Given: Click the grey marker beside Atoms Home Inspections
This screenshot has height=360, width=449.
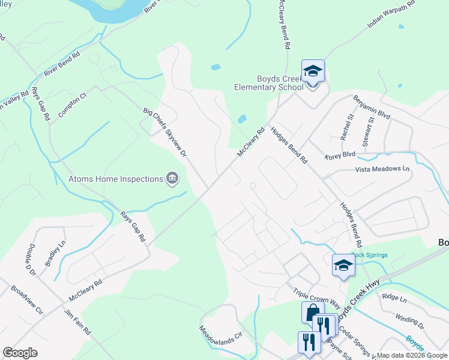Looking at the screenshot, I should (172, 179).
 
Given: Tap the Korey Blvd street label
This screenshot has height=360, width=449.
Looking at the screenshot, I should (339, 155).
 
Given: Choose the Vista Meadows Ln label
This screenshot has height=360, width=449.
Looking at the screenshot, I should (382, 170).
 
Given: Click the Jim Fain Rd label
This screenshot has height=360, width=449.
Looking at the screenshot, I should (77, 322).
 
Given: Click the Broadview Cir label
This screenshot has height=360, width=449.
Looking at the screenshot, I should (27, 299).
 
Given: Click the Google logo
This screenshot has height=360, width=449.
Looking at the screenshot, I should (20, 353).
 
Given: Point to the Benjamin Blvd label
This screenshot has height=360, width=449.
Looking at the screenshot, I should (372, 107).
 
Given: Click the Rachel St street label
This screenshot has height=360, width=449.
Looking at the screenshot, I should (346, 127).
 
